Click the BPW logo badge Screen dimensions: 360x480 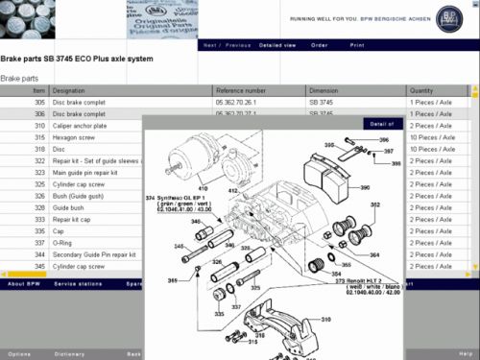448,19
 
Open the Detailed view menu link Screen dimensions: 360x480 278,45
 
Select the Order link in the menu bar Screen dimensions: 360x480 320,45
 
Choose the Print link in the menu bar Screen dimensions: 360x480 357,45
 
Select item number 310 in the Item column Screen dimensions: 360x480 39,125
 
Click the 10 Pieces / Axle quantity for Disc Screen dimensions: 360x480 431,149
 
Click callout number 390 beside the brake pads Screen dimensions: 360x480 365,190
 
